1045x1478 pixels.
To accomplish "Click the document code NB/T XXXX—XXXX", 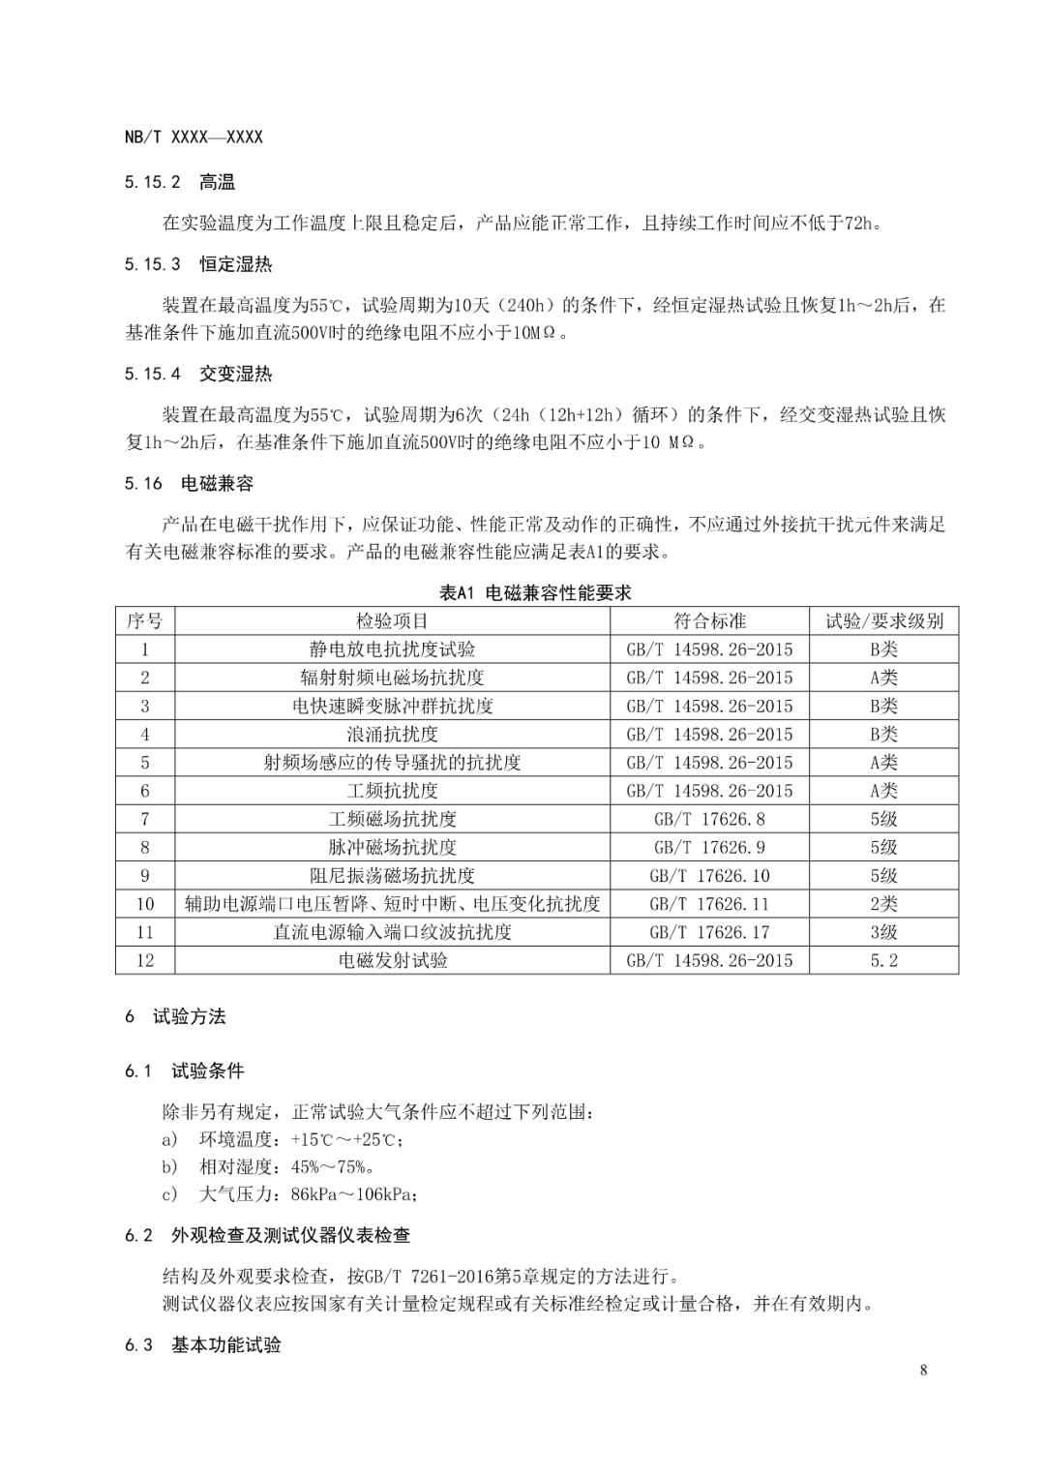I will point(194,137).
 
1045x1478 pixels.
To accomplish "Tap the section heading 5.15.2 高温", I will point(180,182).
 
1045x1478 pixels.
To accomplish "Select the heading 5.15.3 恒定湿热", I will point(198,264).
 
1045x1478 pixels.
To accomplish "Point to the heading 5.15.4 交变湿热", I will point(198,374).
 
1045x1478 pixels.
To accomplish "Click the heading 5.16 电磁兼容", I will point(189,483).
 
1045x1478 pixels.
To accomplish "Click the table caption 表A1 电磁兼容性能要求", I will point(535,592).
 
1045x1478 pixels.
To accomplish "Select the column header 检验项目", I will point(392,621).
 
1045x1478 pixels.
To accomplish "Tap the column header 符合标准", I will point(709,621).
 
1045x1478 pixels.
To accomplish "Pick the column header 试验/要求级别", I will point(883,621).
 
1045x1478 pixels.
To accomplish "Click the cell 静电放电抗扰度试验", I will point(392,649).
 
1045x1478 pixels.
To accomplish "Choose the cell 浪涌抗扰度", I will point(392,735).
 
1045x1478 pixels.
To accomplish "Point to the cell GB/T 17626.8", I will point(709,819).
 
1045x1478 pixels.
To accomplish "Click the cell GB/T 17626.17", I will point(709,932).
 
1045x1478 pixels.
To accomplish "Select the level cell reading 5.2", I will point(883,960).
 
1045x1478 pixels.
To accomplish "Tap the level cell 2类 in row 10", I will point(883,904).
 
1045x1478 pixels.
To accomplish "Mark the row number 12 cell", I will point(145,960).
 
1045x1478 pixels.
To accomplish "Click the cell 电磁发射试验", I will point(392,960).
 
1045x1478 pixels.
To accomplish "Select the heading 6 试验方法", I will point(175,1016).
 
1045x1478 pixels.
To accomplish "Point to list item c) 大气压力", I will point(290,1194).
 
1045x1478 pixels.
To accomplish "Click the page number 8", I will point(923,1370).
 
